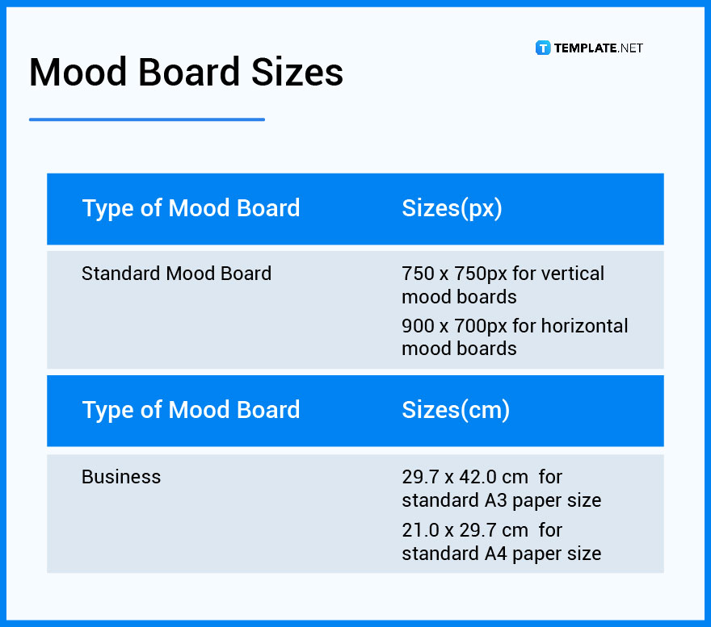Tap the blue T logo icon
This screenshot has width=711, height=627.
click(x=543, y=48)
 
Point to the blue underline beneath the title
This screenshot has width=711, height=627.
click(x=146, y=119)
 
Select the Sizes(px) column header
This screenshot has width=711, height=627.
click(x=452, y=208)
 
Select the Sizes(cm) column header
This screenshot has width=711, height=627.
click(x=456, y=410)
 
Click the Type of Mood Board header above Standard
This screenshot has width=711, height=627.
click(x=191, y=208)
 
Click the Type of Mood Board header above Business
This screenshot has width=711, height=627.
click(x=191, y=410)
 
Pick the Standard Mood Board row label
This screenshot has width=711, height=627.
click(x=176, y=274)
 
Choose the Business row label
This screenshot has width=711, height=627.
click(x=121, y=477)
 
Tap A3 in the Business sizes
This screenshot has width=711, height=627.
click(x=495, y=500)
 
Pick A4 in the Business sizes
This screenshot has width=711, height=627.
click(x=495, y=554)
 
